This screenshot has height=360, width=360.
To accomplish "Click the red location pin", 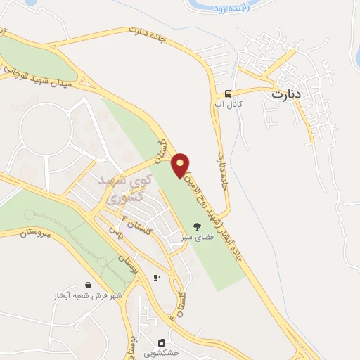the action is click(x=181, y=164).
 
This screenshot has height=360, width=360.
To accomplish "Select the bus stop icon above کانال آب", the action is click(x=228, y=94).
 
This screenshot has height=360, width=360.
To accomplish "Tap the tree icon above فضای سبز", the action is click(x=196, y=226).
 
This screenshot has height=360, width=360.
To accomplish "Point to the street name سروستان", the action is click(x=31, y=238).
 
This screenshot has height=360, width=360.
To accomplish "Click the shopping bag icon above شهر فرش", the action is click(x=88, y=285).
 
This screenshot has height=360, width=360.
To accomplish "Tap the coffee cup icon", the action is click(x=156, y=278).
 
